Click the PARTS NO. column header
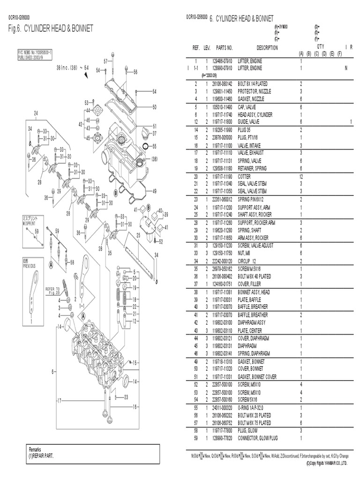(224, 48)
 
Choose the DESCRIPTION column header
(267, 48)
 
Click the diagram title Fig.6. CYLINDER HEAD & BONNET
(51, 29)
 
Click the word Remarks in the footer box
(36, 450)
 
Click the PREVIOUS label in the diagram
(30, 265)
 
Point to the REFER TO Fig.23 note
(52, 291)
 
